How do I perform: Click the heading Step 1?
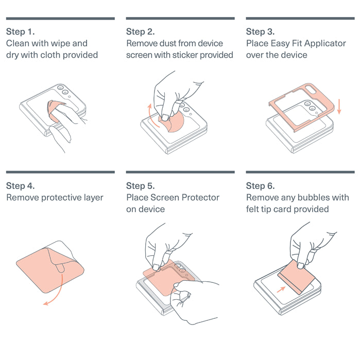(x=21, y=32)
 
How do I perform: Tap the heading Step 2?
(x=141, y=32)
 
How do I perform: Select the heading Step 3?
(x=261, y=32)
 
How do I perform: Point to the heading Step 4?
(x=21, y=186)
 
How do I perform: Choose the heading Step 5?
(x=141, y=186)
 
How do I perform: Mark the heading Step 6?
(x=261, y=186)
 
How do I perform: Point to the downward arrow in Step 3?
(x=339, y=107)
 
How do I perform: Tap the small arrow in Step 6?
(x=281, y=289)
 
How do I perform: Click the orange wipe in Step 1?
(x=55, y=110)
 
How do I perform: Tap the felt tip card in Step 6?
(x=297, y=278)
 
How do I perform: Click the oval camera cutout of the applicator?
(x=311, y=89)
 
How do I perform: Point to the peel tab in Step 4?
(x=60, y=268)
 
